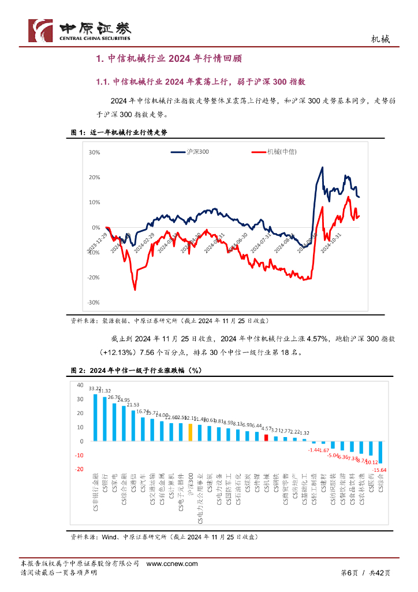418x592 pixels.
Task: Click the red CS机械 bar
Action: click(x=266, y=438)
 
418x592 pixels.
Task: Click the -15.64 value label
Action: click(x=382, y=470)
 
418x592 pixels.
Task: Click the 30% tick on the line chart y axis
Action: click(x=94, y=153)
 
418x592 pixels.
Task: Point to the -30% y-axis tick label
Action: click(x=94, y=302)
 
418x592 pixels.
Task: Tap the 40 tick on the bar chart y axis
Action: click(x=80, y=385)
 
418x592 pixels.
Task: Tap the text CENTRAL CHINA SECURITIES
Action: click(x=95, y=39)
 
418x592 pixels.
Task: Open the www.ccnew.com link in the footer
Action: click(x=172, y=564)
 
